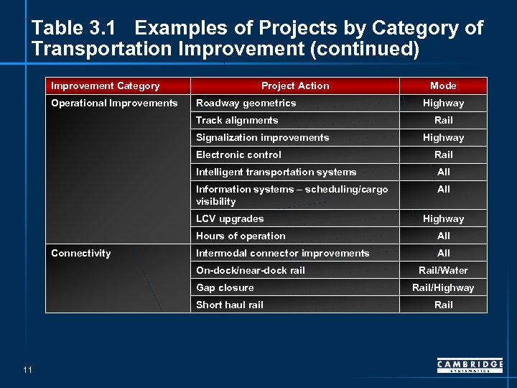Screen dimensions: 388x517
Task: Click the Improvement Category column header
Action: (x=106, y=86)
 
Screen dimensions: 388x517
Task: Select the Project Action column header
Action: (x=295, y=86)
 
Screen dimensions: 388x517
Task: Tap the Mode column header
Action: (x=443, y=86)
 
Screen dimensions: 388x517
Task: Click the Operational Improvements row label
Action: (x=114, y=103)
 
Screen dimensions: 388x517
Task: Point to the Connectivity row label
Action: (x=81, y=253)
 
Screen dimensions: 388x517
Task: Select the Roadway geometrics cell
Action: (x=246, y=103)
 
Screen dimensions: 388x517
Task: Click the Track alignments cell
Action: (x=237, y=120)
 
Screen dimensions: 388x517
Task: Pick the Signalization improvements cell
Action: (x=262, y=137)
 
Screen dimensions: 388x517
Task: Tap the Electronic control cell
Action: (x=238, y=154)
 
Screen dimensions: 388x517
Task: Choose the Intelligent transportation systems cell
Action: (x=276, y=172)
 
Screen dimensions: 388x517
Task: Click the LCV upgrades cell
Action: (x=230, y=218)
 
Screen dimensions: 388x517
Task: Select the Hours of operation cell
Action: (x=241, y=236)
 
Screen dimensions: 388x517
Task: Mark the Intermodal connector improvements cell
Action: (x=282, y=253)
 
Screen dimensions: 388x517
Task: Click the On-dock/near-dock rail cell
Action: (x=251, y=270)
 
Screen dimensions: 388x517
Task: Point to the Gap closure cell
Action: (x=225, y=287)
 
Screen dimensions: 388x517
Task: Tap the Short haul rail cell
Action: (x=230, y=305)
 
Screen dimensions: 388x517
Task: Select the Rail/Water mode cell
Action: (x=443, y=270)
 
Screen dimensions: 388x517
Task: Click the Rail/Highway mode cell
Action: (x=443, y=287)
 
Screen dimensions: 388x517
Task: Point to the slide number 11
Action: (x=27, y=369)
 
